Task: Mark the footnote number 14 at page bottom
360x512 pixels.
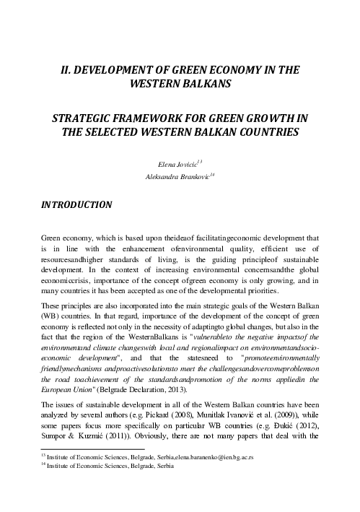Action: point(42,465)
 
